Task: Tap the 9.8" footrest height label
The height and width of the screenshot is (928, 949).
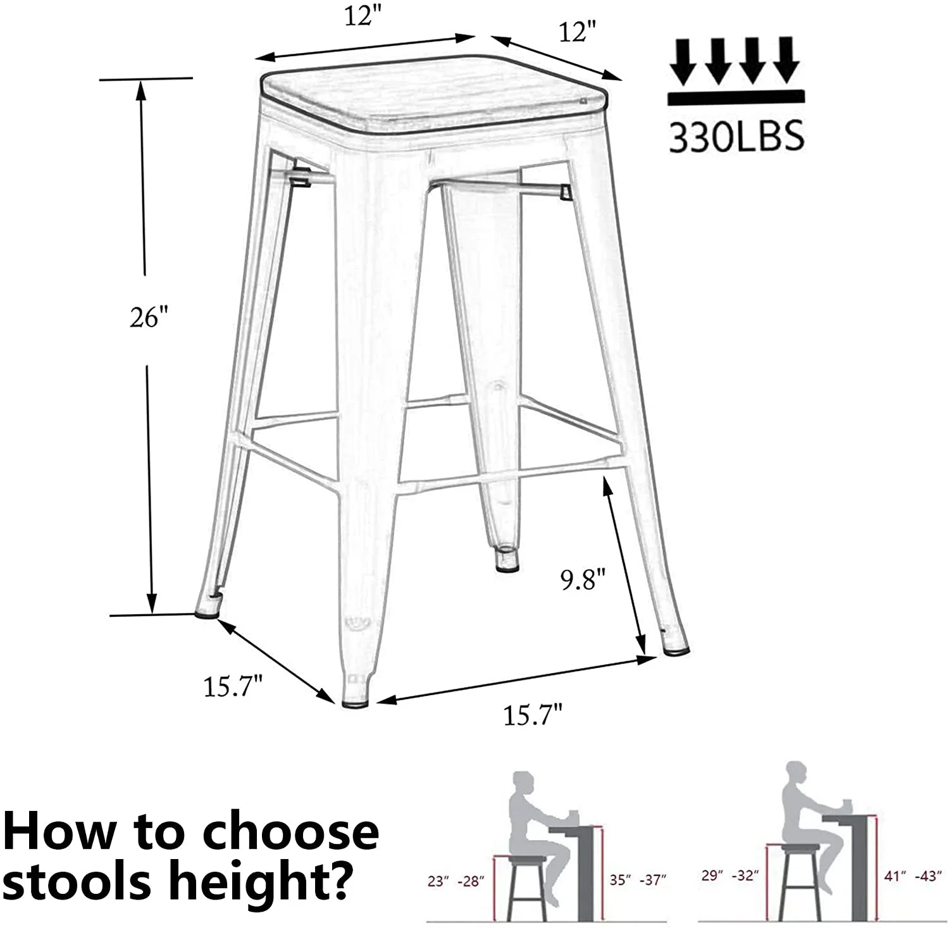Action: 583,579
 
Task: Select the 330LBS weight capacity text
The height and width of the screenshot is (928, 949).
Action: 736,135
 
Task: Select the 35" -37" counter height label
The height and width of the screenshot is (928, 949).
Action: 638,880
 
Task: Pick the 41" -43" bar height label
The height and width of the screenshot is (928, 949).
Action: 912,876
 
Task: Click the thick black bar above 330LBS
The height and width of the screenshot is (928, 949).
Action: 736,97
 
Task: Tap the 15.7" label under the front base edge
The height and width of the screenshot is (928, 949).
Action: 533,715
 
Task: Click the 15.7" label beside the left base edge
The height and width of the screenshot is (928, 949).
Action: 232,686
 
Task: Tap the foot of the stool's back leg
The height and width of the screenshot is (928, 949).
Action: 504,560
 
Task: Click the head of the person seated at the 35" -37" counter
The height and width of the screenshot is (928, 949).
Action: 523,783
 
